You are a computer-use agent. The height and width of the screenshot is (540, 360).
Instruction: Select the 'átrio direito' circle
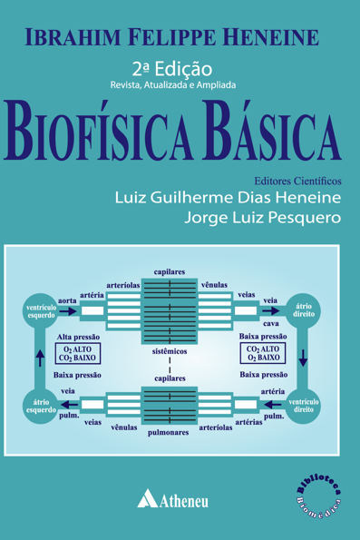click(x=305, y=312)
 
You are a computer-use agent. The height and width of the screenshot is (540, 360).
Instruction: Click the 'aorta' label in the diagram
click(x=66, y=299)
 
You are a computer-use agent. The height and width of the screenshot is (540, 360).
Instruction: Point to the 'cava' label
click(x=270, y=324)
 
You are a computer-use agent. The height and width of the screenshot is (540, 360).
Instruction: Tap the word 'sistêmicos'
click(x=170, y=349)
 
